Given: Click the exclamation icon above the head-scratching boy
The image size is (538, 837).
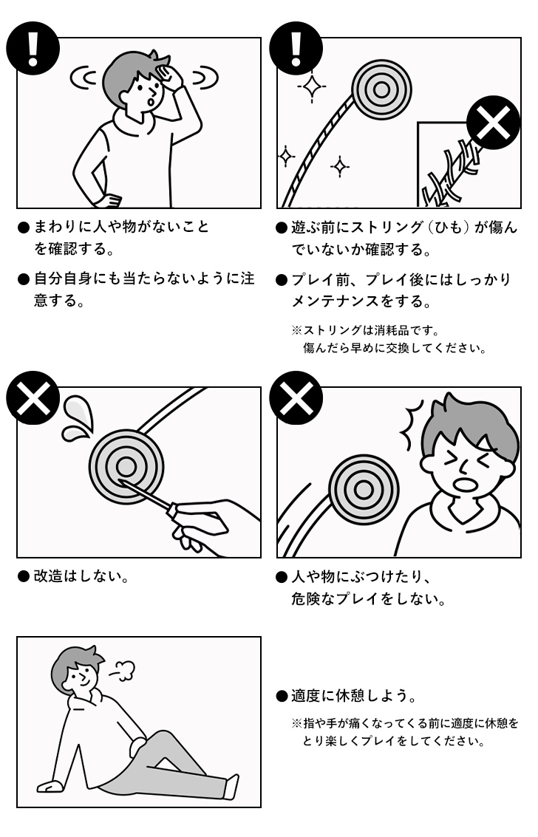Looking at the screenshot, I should click(x=33, y=49).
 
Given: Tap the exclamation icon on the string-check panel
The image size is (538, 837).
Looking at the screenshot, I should click(x=296, y=49).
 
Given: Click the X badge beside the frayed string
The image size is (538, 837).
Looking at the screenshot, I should click(x=494, y=123).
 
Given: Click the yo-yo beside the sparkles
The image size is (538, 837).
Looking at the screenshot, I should click(x=381, y=89).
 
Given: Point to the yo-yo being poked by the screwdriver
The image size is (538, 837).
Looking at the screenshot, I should click(x=126, y=465).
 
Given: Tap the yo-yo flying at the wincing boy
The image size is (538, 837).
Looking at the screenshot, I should click(x=363, y=490).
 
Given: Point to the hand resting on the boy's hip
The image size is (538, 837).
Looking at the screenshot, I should click(x=108, y=199).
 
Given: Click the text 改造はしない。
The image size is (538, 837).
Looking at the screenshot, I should click(x=82, y=576).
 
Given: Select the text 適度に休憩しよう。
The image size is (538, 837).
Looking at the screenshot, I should click(x=353, y=696).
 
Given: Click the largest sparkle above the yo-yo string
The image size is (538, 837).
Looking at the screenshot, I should click(x=313, y=88).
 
